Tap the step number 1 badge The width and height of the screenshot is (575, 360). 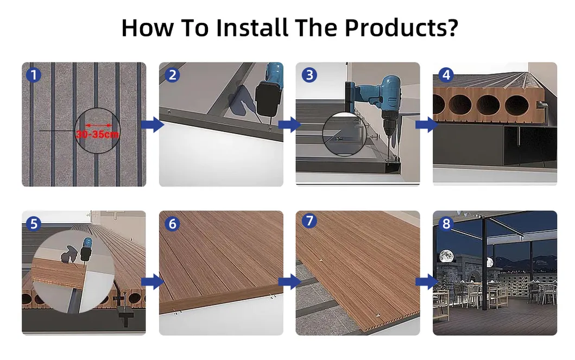pos(34,74)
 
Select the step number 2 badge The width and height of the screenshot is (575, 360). pos(172,74)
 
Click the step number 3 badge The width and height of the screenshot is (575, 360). pos(308,74)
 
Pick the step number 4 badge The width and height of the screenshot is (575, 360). pos(446,74)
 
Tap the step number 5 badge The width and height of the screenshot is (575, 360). pos(34,223)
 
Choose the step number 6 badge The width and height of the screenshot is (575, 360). pos(172,223)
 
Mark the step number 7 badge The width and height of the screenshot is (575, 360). pos(308,223)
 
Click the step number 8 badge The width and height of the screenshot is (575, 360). pos(446,223)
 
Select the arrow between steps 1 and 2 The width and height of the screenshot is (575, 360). pos(152,124)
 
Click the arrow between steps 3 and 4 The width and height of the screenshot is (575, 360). pos(426,124)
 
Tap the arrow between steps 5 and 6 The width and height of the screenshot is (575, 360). pos(152,281)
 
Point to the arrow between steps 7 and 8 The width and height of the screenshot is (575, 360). pos(426,281)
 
